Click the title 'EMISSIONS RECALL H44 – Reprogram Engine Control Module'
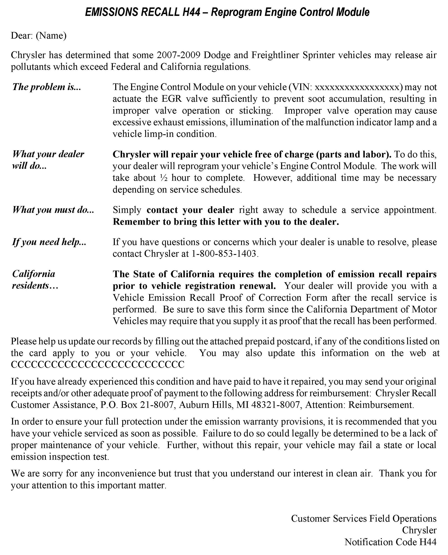pyautogui.click(x=227, y=12)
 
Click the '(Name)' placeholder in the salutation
pyautogui.click(x=51, y=36)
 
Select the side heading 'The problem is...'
pyautogui.click(x=47, y=87)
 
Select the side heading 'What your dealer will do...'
pyautogui.click(x=48, y=160)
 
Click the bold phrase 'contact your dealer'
pyautogui.click(x=190, y=210)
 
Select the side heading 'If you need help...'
pyautogui.click(x=49, y=242)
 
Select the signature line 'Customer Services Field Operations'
pyautogui.click(x=364, y=518)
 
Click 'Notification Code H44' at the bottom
pyautogui.click(x=390, y=542)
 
